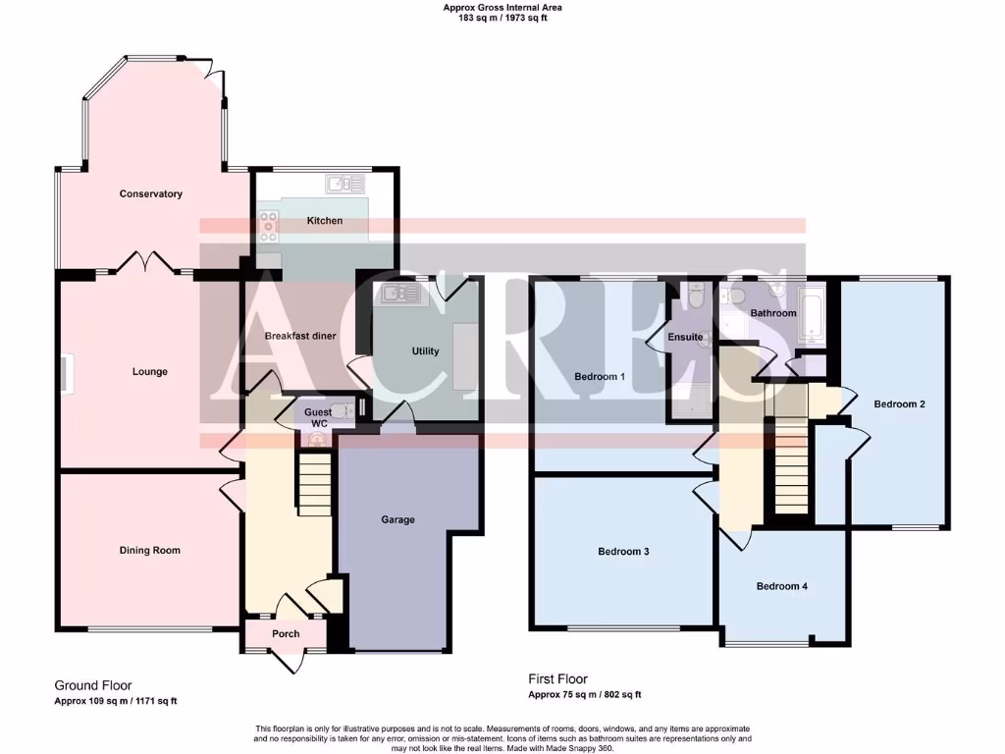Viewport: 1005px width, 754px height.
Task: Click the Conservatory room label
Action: click(151, 193)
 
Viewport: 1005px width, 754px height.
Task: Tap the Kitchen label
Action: click(325, 221)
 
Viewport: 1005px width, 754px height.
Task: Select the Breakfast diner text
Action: click(300, 336)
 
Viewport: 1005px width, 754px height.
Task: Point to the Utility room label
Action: click(425, 351)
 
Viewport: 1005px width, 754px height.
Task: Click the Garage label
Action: click(398, 519)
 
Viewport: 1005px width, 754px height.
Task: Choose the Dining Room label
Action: click(150, 551)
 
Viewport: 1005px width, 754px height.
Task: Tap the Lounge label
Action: click(150, 372)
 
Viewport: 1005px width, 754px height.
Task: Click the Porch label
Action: click(286, 634)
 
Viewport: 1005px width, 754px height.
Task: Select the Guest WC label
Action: click(318, 417)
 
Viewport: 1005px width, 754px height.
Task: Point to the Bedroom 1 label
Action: click(598, 377)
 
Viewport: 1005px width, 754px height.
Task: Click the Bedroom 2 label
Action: click(900, 404)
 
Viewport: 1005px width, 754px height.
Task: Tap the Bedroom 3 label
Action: click(623, 552)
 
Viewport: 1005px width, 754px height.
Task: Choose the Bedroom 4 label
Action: click(782, 587)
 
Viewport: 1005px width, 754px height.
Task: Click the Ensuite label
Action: click(685, 338)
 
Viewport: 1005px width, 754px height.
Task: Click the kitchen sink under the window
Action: click(344, 183)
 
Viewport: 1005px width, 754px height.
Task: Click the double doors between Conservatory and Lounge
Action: click(145, 263)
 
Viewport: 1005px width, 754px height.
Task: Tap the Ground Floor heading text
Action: click(92, 685)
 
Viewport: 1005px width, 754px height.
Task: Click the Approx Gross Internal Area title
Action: click(502, 8)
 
